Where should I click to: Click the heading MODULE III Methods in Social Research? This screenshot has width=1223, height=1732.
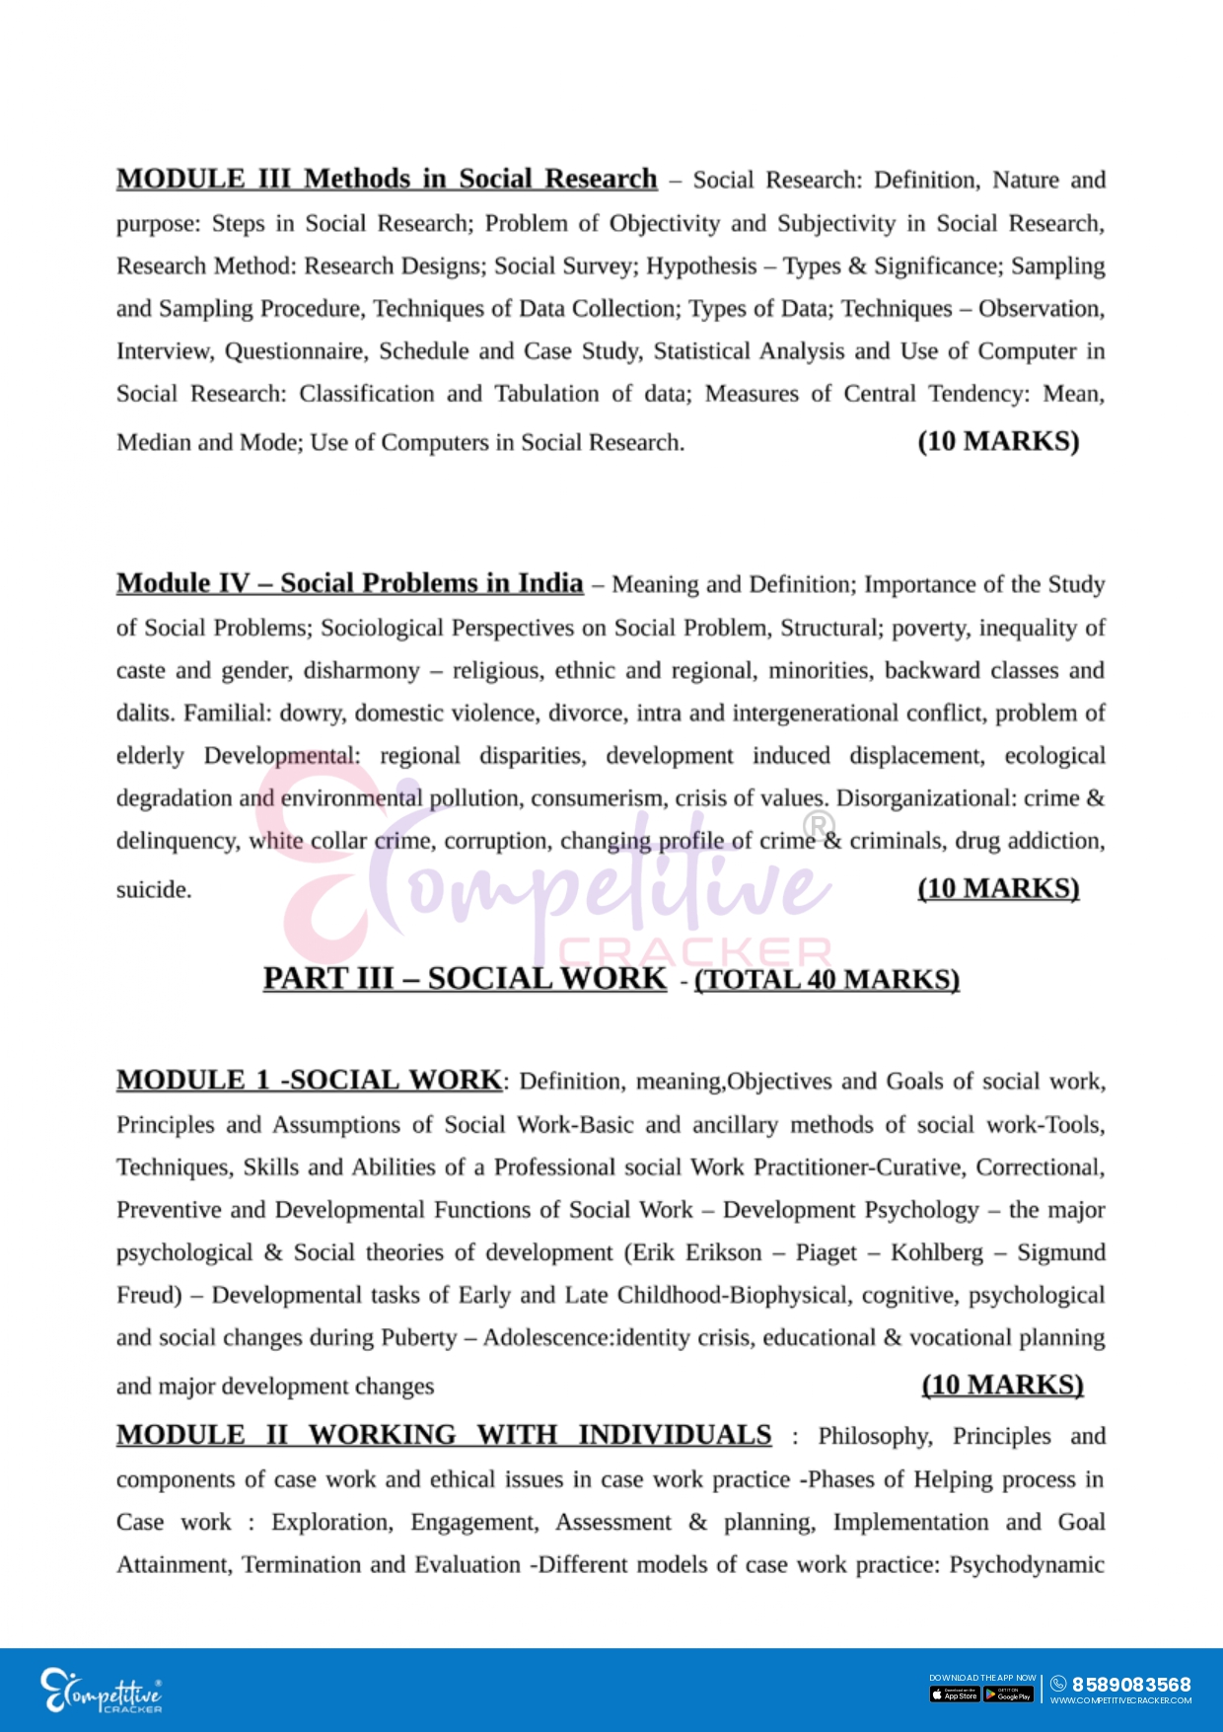point(387,179)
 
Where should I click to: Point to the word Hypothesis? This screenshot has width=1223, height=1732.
point(701,266)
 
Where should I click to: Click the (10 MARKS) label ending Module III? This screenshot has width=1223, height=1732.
point(998,441)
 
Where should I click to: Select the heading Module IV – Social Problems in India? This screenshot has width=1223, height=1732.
point(349,583)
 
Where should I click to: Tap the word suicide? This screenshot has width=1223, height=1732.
point(154,889)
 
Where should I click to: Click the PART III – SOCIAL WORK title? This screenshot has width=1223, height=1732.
point(465,978)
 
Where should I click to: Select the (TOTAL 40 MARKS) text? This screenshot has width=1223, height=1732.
point(827,979)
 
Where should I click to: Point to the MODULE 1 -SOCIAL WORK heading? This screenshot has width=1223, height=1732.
point(310,1080)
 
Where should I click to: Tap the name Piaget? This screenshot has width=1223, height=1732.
point(826,1252)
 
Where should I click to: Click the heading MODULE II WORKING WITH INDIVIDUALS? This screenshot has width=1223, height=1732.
point(444,1435)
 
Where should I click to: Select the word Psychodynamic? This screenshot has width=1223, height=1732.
point(1027,1565)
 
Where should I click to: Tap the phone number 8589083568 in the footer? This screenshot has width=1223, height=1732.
point(1131,1684)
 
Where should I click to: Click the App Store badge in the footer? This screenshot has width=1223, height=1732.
point(954,1694)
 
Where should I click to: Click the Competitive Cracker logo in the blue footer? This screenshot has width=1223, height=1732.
point(102,1691)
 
